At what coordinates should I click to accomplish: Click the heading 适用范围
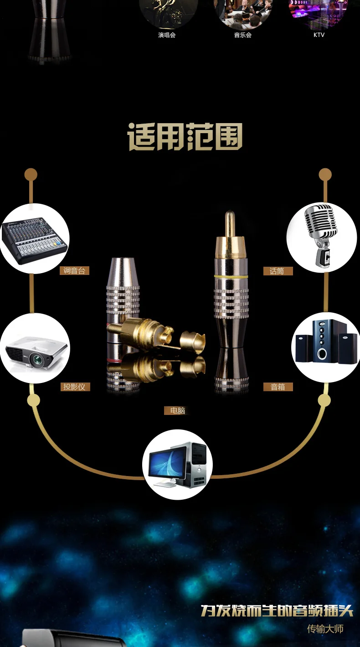pyautogui.click(x=185, y=137)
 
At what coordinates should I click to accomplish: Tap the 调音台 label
pyautogui.click(x=74, y=271)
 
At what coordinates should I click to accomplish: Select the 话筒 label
pyautogui.click(x=277, y=271)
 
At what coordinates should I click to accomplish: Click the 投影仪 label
pyautogui.click(x=74, y=387)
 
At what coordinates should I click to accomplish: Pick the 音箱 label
pyautogui.click(x=278, y=387)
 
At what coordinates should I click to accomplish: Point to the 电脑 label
pyautogui.click(x=178, y=411)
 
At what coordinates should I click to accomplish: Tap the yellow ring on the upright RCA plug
pyautogui.click(x=231, y=276)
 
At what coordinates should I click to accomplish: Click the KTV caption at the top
pyautogui.click(x=319, y=35)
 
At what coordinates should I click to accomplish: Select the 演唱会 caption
pyautogui.click(x=167, y=35)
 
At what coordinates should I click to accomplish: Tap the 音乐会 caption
pyautogui.click(x=243, y=35)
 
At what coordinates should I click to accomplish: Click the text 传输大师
pyautogui.click(x=325, y=629)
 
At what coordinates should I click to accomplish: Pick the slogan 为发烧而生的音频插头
pyautogui.click(x=277, y=611)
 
